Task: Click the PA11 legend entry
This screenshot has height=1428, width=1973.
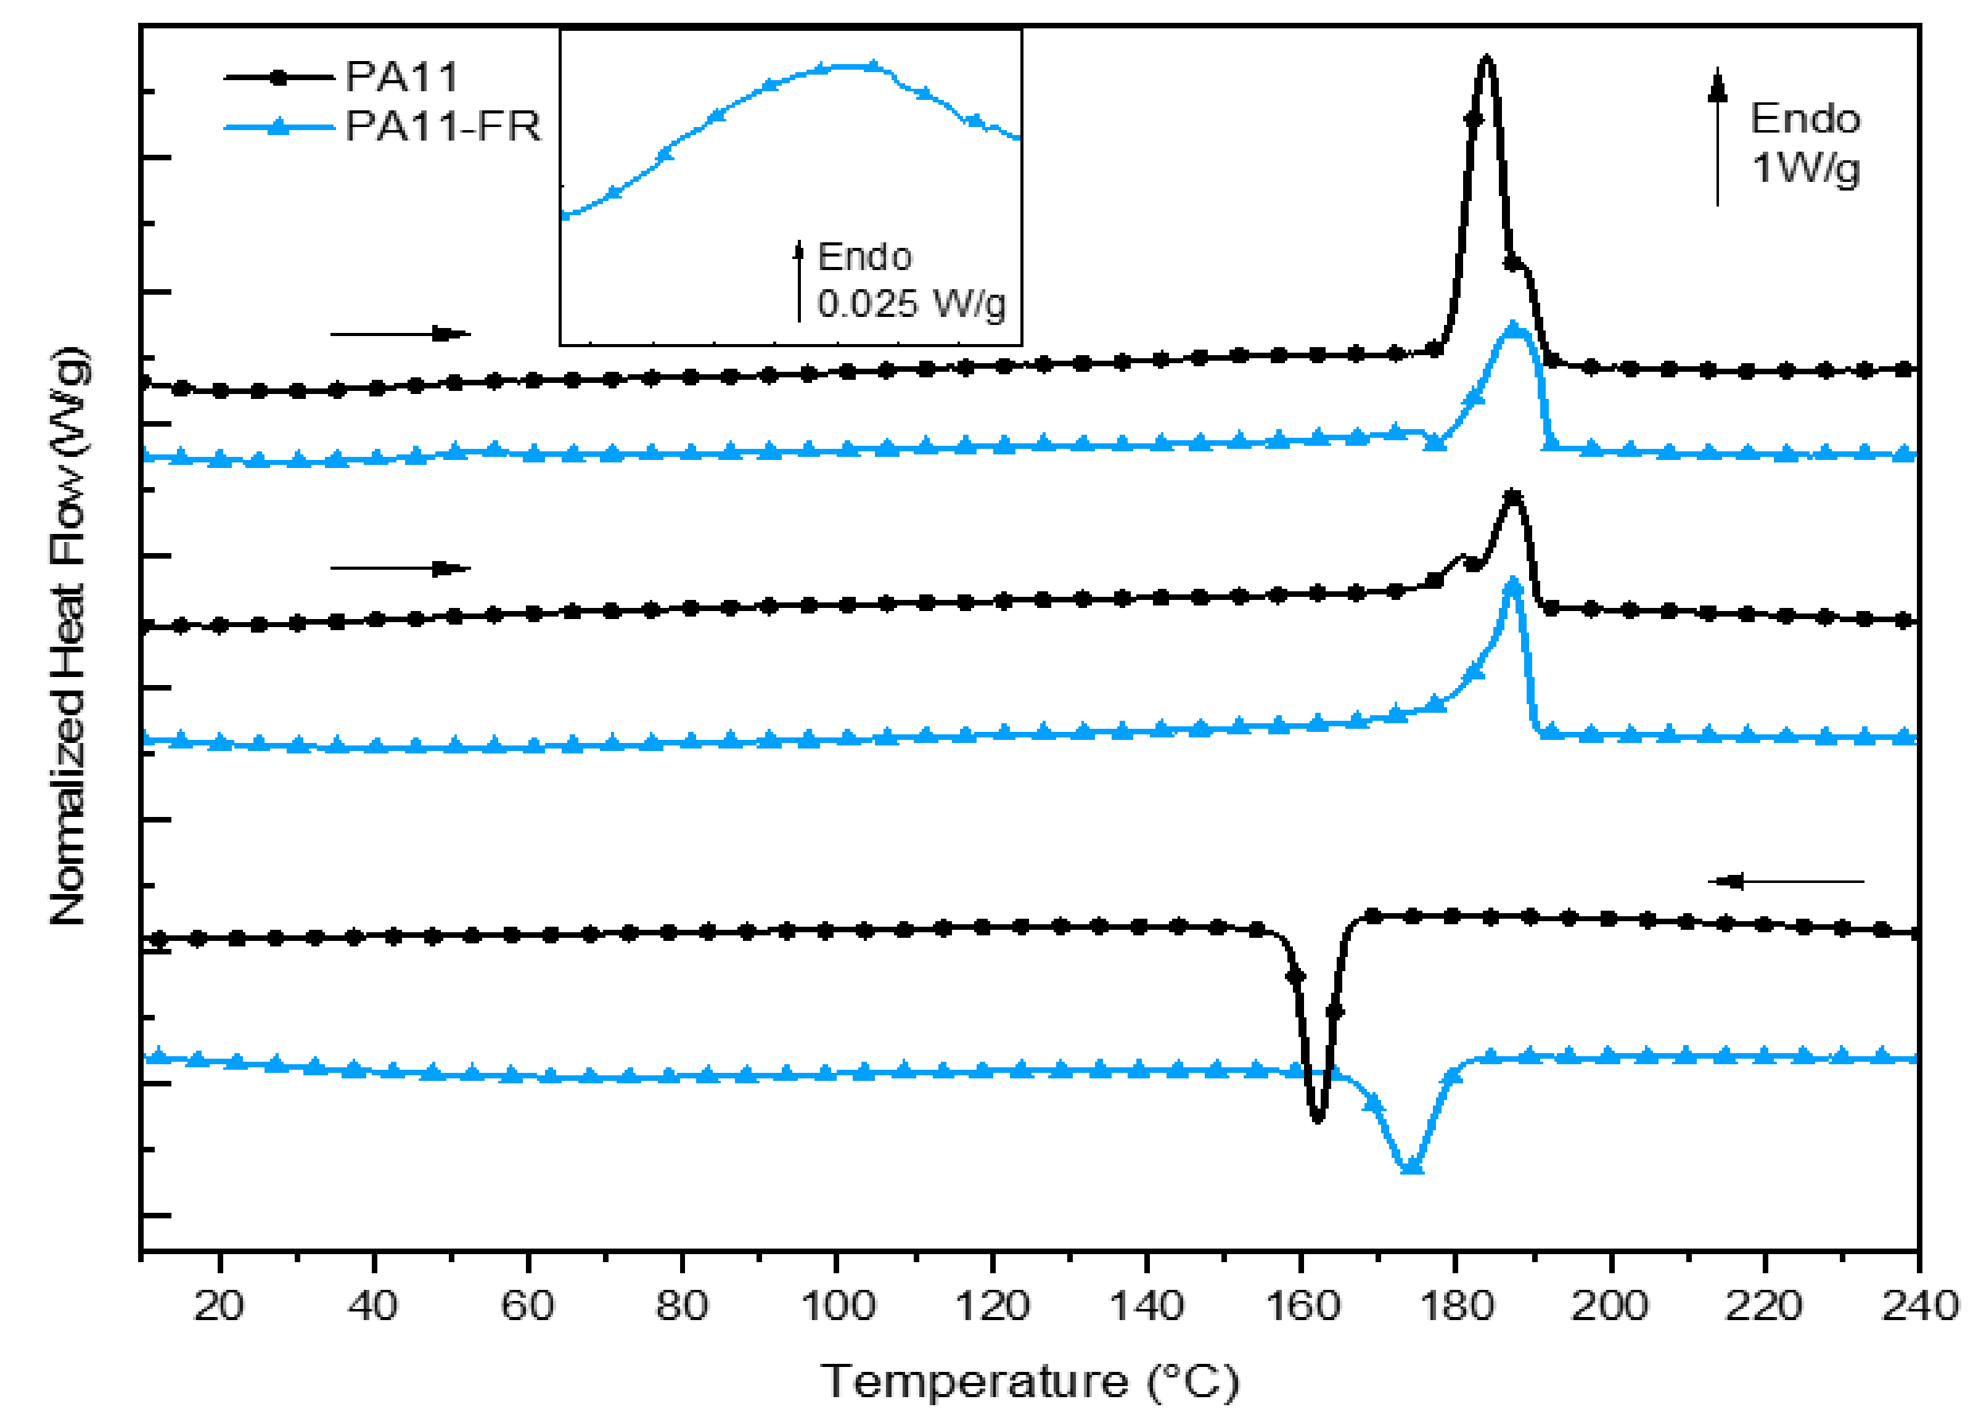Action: (400, 78)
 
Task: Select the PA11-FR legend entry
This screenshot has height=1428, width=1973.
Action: (442, 127)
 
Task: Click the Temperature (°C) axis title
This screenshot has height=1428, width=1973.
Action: (1029, 1382)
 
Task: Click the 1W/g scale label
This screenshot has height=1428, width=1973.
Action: (1805, 167)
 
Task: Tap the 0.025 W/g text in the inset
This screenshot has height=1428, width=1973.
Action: (911, 304)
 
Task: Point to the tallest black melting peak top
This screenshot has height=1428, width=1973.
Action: (1487, 59)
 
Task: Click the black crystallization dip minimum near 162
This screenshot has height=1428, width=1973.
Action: (1317, 1119)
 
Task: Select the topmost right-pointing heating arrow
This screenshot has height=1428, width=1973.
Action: (400, 334)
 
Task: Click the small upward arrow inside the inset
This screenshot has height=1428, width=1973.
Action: (798, 280)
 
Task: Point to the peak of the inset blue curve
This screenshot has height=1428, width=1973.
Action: (848, 66)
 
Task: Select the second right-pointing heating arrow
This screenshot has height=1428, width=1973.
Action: (400, 568)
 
